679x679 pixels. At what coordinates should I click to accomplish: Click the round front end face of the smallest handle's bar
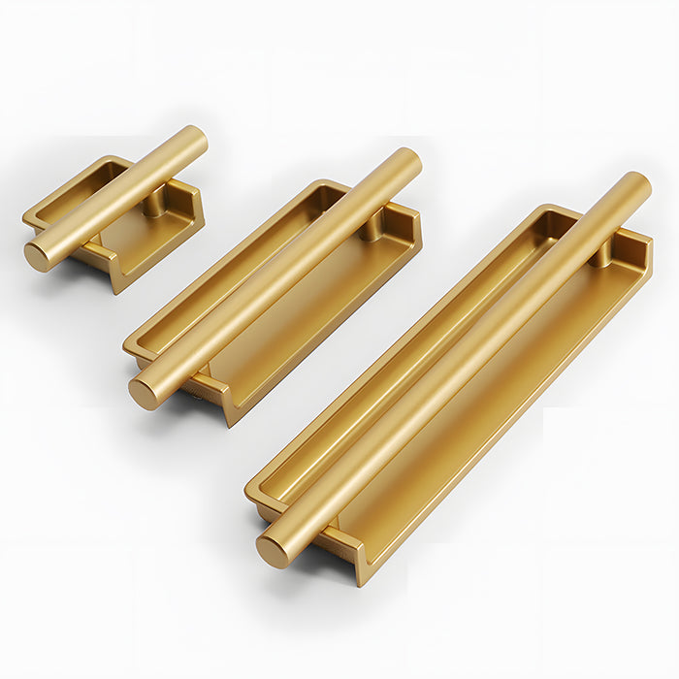pos(38,256)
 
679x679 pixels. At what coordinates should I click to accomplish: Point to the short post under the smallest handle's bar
pos(154,203)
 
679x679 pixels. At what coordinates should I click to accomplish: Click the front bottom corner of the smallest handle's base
pos(116,287)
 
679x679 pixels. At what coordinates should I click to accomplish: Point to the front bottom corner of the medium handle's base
pos(231,420)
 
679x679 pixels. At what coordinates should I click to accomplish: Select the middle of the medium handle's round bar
pos(276,276)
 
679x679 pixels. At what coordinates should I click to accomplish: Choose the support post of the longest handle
pos(601,254)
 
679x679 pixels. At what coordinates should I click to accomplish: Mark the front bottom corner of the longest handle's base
pos(362,580)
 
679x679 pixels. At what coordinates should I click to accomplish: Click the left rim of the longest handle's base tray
pos(388,349)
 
